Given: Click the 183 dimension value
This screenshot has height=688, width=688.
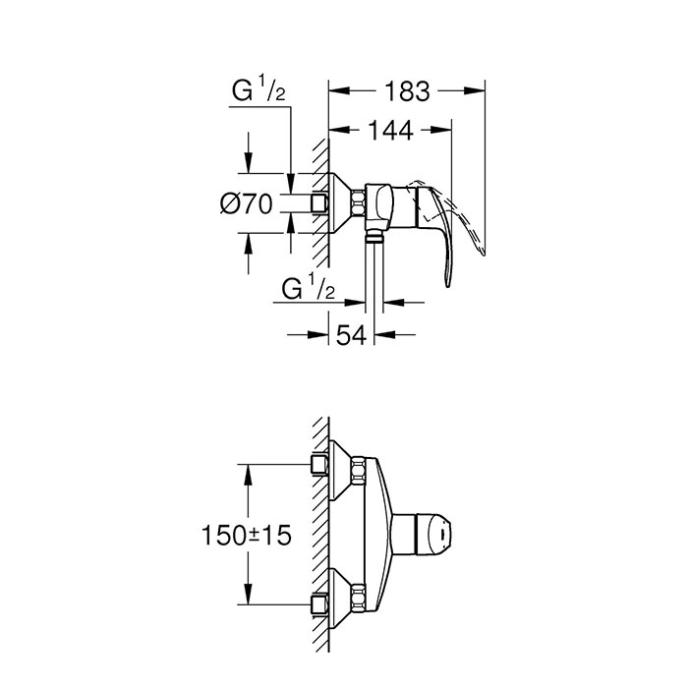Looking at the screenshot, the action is [x=407, y=91].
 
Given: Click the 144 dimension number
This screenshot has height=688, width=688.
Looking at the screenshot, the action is [x=390, y=131].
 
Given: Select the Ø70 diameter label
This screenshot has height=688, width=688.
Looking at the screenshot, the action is [x=246, y=203].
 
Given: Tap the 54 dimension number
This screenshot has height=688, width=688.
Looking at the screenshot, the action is [x=351, y=336].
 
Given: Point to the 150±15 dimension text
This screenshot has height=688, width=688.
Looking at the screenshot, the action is [x=246, y=536].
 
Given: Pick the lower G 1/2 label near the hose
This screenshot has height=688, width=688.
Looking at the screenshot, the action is [x=308, y=288].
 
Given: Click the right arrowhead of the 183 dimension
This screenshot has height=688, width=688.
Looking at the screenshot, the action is [x=475, y=90].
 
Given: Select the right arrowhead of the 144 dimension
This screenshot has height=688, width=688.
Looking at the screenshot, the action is [x=441, y=130].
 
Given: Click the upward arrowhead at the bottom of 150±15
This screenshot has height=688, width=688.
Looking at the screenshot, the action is [x=249, y=594].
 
